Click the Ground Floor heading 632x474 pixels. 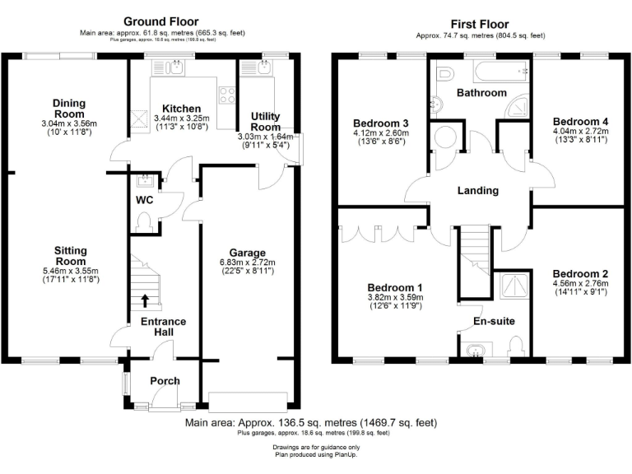tap(160, 21)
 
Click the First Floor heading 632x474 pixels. tap(480, 24)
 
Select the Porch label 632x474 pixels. tap(164, 381)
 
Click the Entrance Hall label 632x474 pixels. tap(163, 326)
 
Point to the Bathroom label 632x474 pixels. tap(481, 93)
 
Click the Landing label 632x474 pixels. tap(478, 190)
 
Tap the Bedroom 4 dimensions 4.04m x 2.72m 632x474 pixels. tap(580, 130)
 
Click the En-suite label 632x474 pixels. tap(493, 323)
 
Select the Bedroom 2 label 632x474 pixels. tap(580, 274)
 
